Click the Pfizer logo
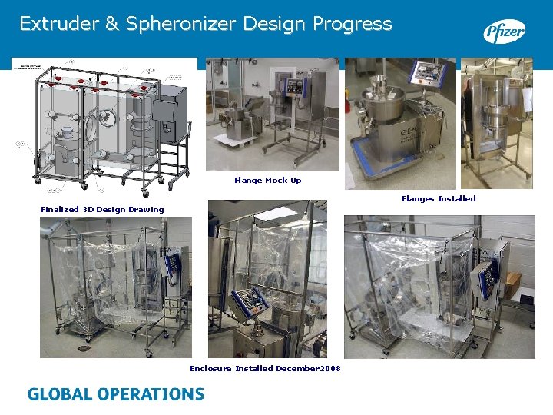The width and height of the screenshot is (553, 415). (504, 32)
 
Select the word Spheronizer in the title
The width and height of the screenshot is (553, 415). (181, 24)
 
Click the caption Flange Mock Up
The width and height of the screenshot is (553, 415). (267, 181)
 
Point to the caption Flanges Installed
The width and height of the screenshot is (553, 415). (438, 199)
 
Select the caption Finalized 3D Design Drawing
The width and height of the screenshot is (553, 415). (102, 209)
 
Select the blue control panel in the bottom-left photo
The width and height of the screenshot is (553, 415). (176, 264)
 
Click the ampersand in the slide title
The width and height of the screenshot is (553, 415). (111, 24)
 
